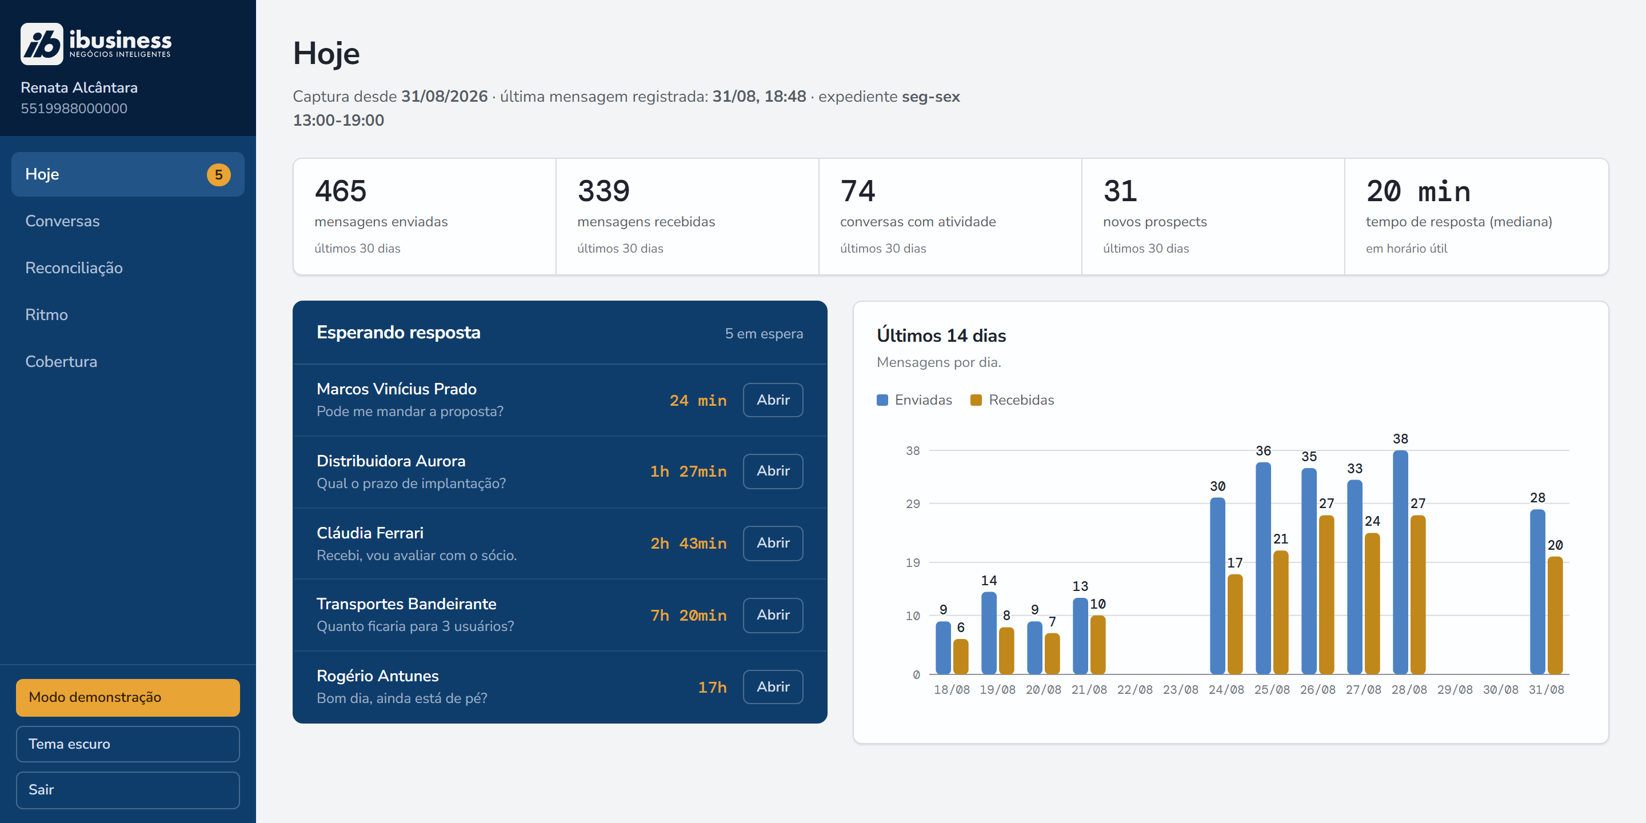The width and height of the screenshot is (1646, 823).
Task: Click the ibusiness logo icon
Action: (42, 44)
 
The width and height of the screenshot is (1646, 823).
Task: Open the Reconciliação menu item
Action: (74, 267)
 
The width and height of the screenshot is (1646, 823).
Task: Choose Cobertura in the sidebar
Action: (61, 361)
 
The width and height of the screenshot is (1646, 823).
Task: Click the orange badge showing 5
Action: (218, 174)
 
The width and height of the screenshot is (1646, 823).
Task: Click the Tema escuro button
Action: (128, 744)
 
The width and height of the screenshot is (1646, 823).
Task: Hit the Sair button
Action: (128, 790)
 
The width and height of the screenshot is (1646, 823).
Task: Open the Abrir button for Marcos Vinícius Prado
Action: (773, 400)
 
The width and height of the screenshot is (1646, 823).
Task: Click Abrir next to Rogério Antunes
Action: (773, 687)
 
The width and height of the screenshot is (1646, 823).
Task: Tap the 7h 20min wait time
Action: (688, 616)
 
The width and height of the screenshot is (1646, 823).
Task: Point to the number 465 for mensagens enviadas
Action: (341, 191)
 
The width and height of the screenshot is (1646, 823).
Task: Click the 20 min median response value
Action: (1418, 191)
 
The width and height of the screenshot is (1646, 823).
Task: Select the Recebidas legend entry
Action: (1012, 400)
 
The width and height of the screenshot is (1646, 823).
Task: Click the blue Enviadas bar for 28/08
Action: (1400, 562)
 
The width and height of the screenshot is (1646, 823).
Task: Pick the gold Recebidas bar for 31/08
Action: (1555, 616)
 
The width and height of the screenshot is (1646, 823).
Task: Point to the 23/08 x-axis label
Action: (1180, 689)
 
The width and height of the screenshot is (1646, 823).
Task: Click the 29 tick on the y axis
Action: (913, 504)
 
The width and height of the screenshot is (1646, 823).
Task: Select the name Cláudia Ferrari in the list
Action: (370, 533)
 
